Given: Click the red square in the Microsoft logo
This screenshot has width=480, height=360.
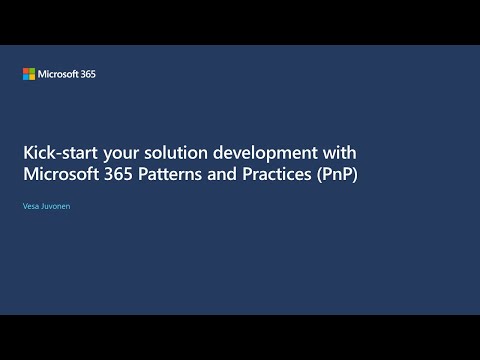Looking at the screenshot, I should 26,71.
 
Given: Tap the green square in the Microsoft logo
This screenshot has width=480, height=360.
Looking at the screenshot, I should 32,71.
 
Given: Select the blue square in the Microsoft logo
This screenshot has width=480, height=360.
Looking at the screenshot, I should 26,77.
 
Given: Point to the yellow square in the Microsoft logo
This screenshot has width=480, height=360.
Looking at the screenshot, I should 32,77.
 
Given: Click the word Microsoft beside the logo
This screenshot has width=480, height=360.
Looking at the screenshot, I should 58,74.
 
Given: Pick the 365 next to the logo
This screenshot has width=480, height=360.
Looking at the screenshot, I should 88,74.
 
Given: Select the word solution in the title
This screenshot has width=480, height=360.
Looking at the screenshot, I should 171,153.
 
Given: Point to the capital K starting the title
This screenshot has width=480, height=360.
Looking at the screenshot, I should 28,153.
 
